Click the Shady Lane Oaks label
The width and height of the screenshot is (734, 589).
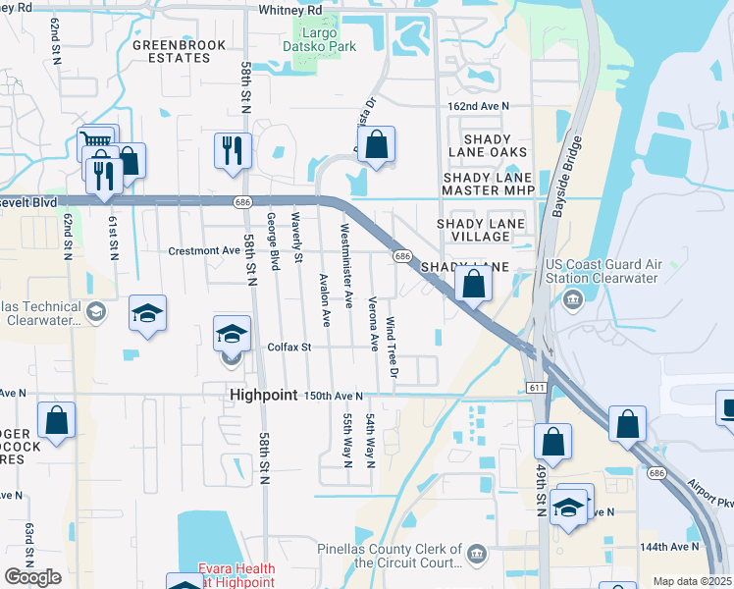[488, 144]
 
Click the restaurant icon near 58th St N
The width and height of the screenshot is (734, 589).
[233, 149]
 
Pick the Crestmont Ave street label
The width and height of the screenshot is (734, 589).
[205, 250]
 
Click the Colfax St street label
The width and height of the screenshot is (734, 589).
[289, 347]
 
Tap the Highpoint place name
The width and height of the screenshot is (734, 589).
[263, 395]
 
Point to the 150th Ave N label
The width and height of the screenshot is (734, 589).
[334, 396]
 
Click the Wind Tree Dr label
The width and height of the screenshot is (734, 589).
[392, 348]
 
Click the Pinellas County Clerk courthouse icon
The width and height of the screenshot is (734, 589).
[477, 555]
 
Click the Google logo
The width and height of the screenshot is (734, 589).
[33, 577]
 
